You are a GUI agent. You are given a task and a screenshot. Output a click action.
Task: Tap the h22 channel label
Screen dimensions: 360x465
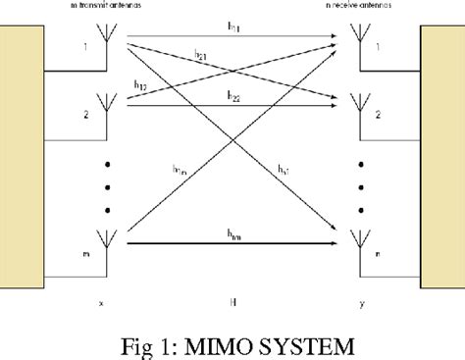(232, 96)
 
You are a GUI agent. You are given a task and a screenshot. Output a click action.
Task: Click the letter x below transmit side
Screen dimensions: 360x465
(101, 303)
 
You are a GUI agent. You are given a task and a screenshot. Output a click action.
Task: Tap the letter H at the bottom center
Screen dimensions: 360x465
(231, 303)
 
